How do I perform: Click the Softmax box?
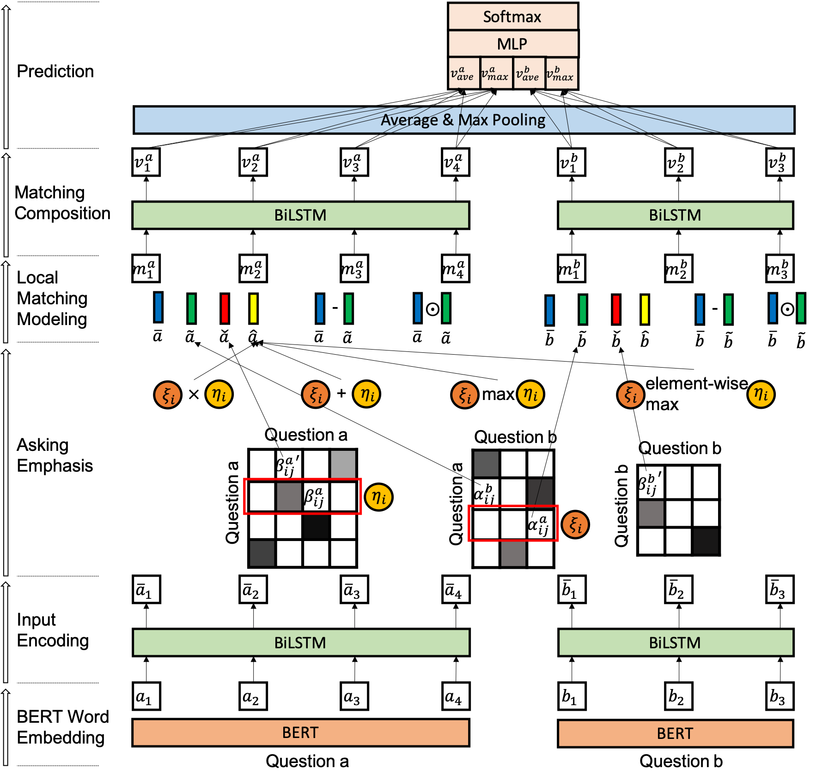pyautogui.click(x=513, y=17)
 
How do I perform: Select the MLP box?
pyautogui.click(x=513, y=44)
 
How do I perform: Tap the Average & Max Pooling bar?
pyautogui.click(x=463, y=120)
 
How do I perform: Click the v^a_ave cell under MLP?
pyautogui.click(x=463, y=73)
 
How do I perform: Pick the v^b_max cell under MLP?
pyautogui.click(x=561, y=73)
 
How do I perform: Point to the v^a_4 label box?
pyautogui.click(x=455, y=162)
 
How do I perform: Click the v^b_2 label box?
pyautogui.click(x=678, y=162)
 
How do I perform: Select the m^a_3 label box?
pyautogui.click(x=354, y=269)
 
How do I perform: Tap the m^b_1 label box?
pyautogui.click(x=571, y=269)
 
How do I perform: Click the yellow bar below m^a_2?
pyautogui.click(x=253, y=308)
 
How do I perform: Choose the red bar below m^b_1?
pyautogui.click(x=616, y=309)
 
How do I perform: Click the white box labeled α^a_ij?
pyautogui.click(x=540, y=524)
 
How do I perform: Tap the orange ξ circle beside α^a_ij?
pyautogui.click(x=575, y=525)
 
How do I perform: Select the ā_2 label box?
pyautogui.click(x=253, y=590)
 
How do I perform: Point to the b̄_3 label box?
pyautogui.click(x=779, y=590)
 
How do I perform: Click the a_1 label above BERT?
pyautogui.click(x=146, y=696)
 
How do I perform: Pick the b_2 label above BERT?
pyautogui.click(x=678, y=696)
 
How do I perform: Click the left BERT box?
pyautogui.click(x=300, y=732)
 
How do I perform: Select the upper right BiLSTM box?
pyautogui.click(x=675, y=215)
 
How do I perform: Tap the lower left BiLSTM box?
pyautogui.click(x=301, y=643)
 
